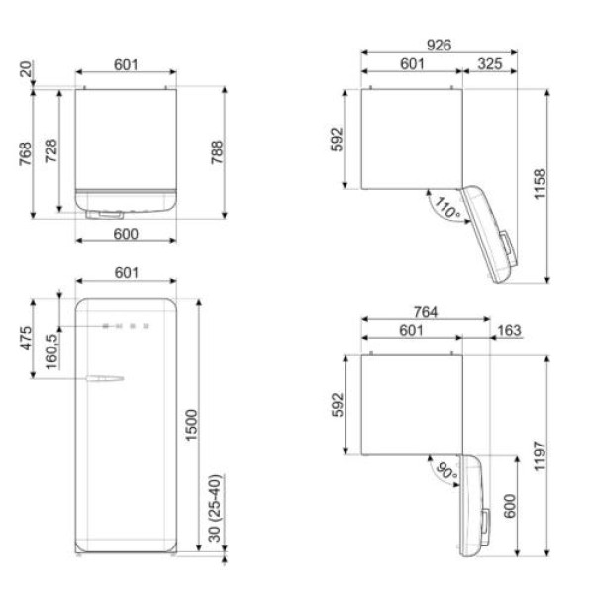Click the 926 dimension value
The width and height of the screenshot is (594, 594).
tap(439, 46)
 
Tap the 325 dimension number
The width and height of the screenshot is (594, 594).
tap(490, 64)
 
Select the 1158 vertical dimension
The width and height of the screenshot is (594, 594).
tap(540, 184)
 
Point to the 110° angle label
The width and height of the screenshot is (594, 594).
tap(447, 208)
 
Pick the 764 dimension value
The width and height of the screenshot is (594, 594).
tap(426, 312)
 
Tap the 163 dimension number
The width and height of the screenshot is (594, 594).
tap(509, 330)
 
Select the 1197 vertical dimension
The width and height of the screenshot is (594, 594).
tap(540, 455)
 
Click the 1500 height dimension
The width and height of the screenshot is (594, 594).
tap(192, 425)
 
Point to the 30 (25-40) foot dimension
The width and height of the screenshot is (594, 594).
tap(215, 508)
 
